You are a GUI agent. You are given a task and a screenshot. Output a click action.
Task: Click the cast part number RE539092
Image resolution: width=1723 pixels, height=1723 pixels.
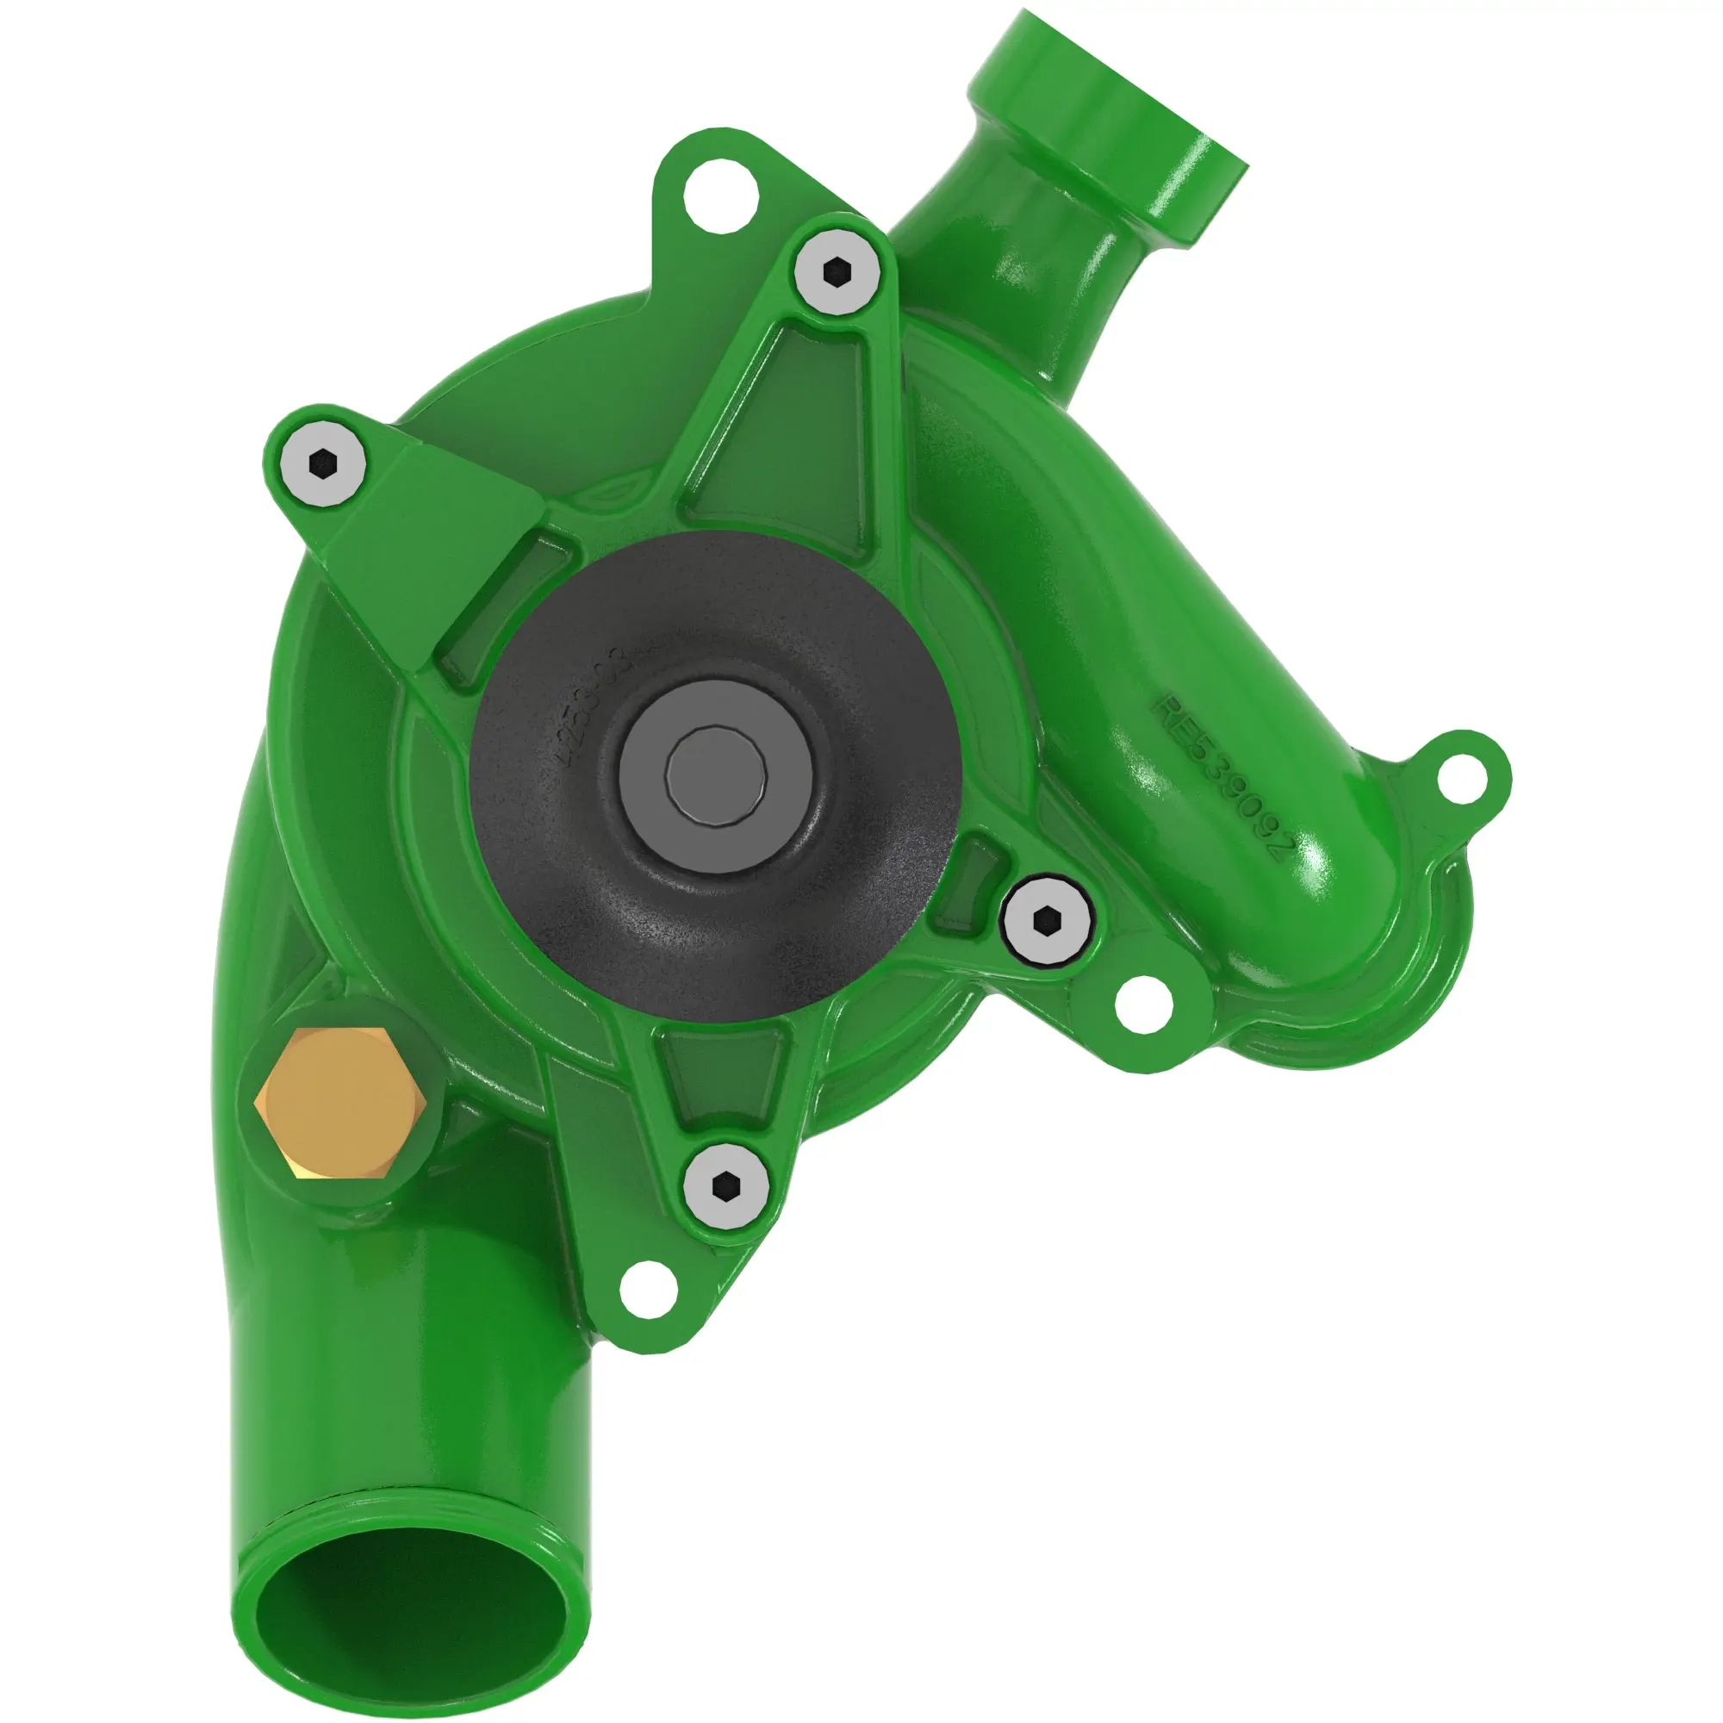pyautogui.click(x=1219, y=778)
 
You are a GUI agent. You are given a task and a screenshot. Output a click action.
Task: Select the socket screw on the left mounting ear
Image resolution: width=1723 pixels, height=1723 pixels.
pyautogui.click(x=321, y=463)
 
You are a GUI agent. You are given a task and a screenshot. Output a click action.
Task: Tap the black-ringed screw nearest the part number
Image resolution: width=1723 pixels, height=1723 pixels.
pyautogui.click(x=1046, y=919)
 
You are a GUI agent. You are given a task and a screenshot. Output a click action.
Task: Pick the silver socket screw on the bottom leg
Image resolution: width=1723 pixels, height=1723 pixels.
pyautogui.click(x=726, y=1187)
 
